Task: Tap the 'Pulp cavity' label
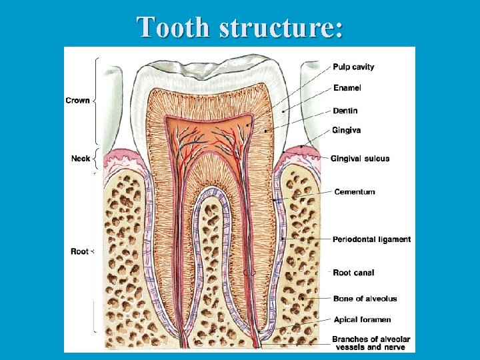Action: pyautogui.click(x=353, y=67)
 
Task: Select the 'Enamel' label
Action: pyautogui.click(x=347, y=88)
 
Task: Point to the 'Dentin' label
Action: pyautogui.click(x=345, y=111)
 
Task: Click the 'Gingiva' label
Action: pyautogui.click(x=347, y=130)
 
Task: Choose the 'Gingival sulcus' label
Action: pyautogui.click(x=360, y=159)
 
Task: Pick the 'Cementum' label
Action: pyautogui.click(x=355, y=192)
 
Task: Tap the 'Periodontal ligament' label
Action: pyautogui.click(x=372, y=239)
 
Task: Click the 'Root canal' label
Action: pyautogui.click(x=353, y=273)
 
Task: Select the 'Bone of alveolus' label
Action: pyautogui.click(x=365, y=299)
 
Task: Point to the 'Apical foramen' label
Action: pyautogui.click(x=362, y=320)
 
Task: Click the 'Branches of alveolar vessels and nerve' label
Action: pyautogui.click(x=372, y=343)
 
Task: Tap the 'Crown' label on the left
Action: pyautogui.click(x=77, y=101)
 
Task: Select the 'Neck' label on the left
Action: pyautogui.click(x=80, y=159)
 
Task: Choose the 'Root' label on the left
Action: pyautogui.click(x=79, y=251)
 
